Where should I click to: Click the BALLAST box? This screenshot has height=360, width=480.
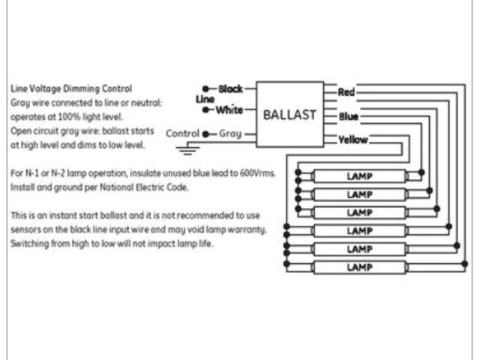coord(289,115)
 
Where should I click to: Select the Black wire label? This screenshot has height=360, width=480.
coord(230,88)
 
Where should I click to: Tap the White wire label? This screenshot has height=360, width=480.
coord(229,110)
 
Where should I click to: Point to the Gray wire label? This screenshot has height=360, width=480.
coord(229,133)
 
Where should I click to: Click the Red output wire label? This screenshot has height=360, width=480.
coord(346,92)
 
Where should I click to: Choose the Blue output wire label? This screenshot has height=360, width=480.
coord(348,116)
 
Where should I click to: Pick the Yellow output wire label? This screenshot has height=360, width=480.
coord(352,139)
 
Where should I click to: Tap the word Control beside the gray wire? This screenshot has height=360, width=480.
coord(182,133)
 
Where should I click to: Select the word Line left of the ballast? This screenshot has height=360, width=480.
coord(205,99)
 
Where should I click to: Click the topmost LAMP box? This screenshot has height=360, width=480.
coord(359,177)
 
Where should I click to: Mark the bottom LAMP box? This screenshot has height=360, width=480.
coord(359,267)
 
